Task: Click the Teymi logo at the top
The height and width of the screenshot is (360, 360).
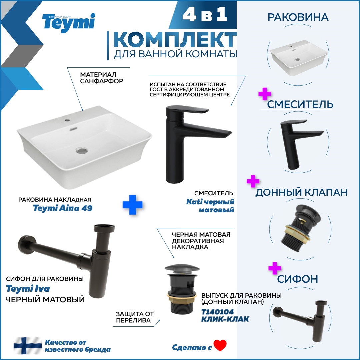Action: pos(68,23)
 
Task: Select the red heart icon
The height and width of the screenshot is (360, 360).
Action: pos(220,345)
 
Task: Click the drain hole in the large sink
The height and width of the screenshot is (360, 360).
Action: pos(81,150)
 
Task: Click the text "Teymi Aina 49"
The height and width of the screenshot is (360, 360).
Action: pos(63,208)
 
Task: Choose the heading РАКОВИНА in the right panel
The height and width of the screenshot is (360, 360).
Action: pos(298,17)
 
